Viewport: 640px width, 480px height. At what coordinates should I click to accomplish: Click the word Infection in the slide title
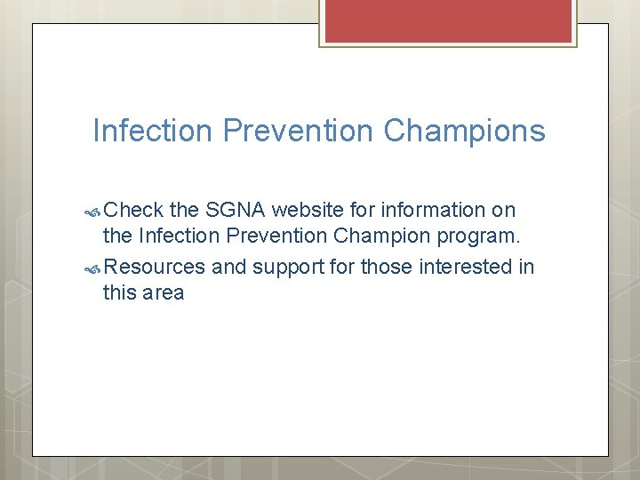point(153,131)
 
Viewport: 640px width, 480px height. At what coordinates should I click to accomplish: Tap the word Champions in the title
point(464,131)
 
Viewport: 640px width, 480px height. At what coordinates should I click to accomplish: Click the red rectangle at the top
point(447,20)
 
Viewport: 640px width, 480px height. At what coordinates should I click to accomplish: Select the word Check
point(133,210)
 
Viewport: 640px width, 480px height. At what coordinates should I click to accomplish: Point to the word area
point(163,293)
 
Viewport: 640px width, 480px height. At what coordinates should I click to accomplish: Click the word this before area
point(118,293)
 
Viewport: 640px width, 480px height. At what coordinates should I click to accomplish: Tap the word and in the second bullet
point(228,267)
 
